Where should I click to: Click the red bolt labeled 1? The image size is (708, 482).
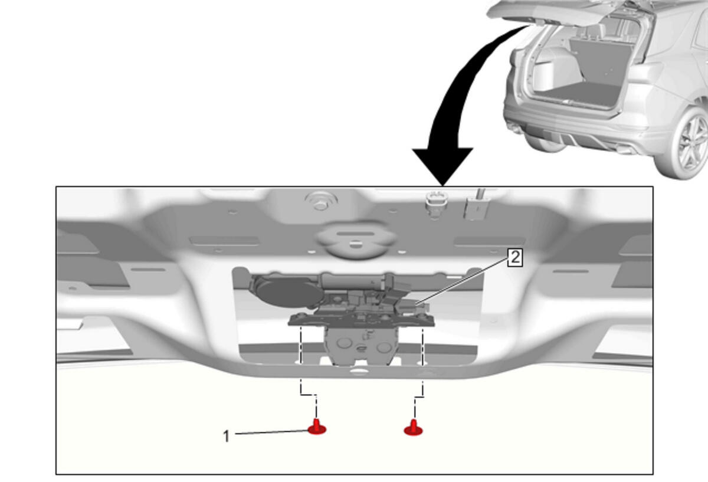[317, 427]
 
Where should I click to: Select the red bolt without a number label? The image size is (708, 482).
[413, 428]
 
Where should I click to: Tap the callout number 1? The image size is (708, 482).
[226, 437]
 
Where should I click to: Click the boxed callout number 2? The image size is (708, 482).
[515, 258]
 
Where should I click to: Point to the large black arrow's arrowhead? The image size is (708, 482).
[442, 166]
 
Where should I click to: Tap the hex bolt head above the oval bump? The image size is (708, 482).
[320, 202]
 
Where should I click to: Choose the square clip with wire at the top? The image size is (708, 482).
[476, 207]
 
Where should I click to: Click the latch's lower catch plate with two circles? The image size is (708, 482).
[361, 346]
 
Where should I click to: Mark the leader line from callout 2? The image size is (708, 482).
[461, 281]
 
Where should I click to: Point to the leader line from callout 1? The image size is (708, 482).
[272, 432]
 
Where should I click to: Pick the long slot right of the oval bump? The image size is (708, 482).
[489, 241]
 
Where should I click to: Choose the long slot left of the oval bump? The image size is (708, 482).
[224, 241]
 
